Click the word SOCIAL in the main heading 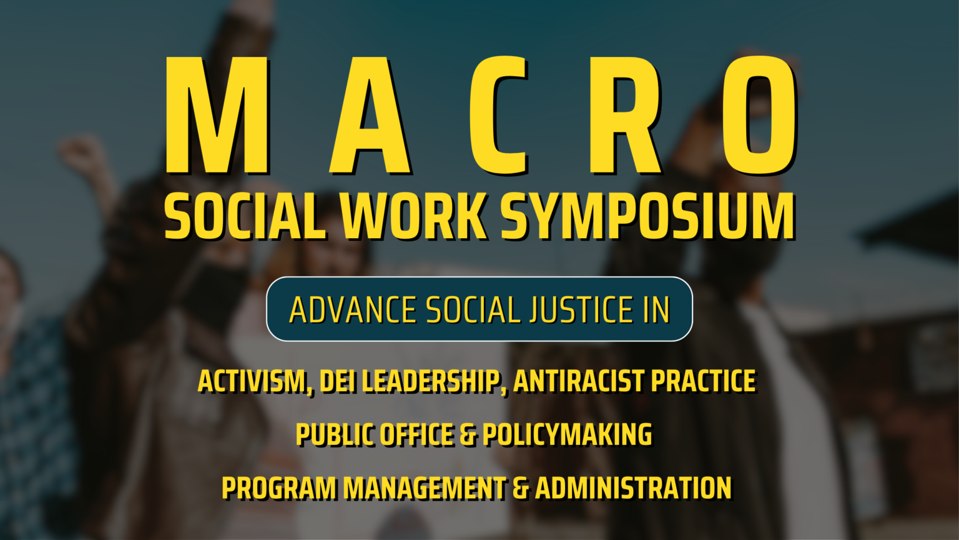pyautogui.click(x=245, y=216)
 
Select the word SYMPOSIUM pyautogui.click(x=647, y=216)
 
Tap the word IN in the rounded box pyautogui.click(x=656, y=310)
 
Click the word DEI pyautogui.click(x=338, y=381)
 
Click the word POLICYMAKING pyautogui.click(x=567, y=435)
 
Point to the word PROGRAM pyautogui.click(x=279, y=488)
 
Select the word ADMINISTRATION pyautogui.click(x=633, y=488)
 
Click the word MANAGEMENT pyautogui.click(x=425, y=488)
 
